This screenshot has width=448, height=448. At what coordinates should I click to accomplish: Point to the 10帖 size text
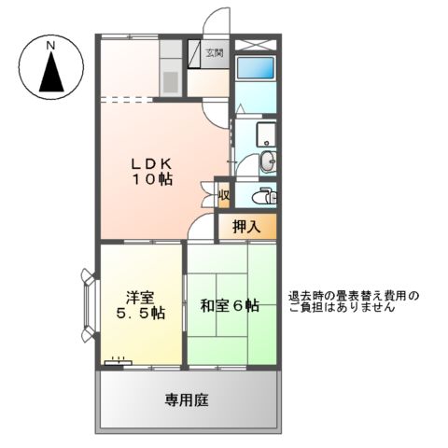coord(150,180)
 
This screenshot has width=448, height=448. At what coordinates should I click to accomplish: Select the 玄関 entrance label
coord(214,54)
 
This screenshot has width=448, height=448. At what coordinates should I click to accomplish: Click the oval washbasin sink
coord(269,161)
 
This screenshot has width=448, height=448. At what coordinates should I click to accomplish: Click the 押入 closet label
coord(246,225)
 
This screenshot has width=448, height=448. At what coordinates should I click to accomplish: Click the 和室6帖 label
coord(230,305)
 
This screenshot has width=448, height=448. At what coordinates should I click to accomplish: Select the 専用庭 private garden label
coord(187,399)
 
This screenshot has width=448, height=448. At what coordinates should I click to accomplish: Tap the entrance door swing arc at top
coord(217,21)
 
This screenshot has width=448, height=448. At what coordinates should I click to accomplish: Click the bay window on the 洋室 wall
coord(89,305)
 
